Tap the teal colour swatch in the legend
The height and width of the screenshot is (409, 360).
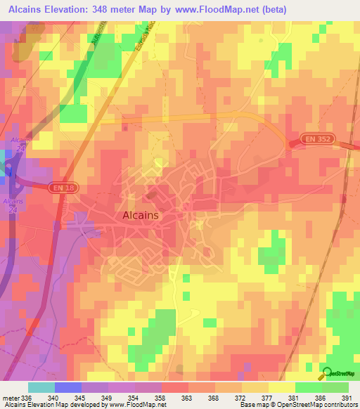click(x=41, y=387)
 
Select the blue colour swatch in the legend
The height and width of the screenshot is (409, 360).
click(x=67, y=387)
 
